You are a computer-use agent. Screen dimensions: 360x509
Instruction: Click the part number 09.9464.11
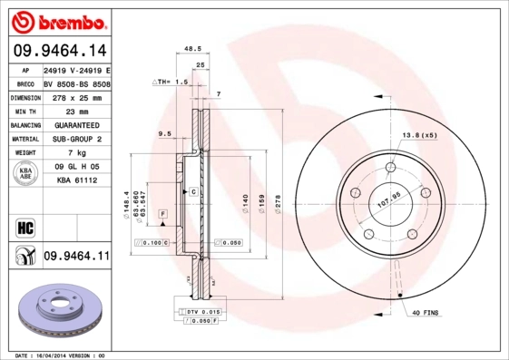(75, 257)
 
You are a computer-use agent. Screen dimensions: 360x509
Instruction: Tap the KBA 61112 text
(76, 181)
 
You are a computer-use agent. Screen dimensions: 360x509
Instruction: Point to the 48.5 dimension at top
(192, 49)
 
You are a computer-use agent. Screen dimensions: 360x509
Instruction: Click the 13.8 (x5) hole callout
(420, 134)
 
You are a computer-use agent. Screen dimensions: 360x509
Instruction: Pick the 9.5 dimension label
(165, 134)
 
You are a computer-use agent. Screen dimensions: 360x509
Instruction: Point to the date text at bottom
(61, 355)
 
